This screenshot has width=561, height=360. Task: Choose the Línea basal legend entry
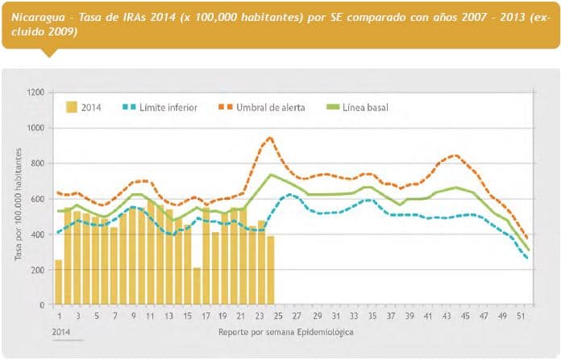(x=360, y=107)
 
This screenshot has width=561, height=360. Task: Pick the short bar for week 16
(x=197, y=287)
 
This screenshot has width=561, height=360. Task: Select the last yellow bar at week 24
(x=271, y=271)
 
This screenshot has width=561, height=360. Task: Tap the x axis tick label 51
(x=526, y=315)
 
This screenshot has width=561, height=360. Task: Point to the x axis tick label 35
(x=372, y=315)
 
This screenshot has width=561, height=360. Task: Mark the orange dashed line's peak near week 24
(x=270, y=138)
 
